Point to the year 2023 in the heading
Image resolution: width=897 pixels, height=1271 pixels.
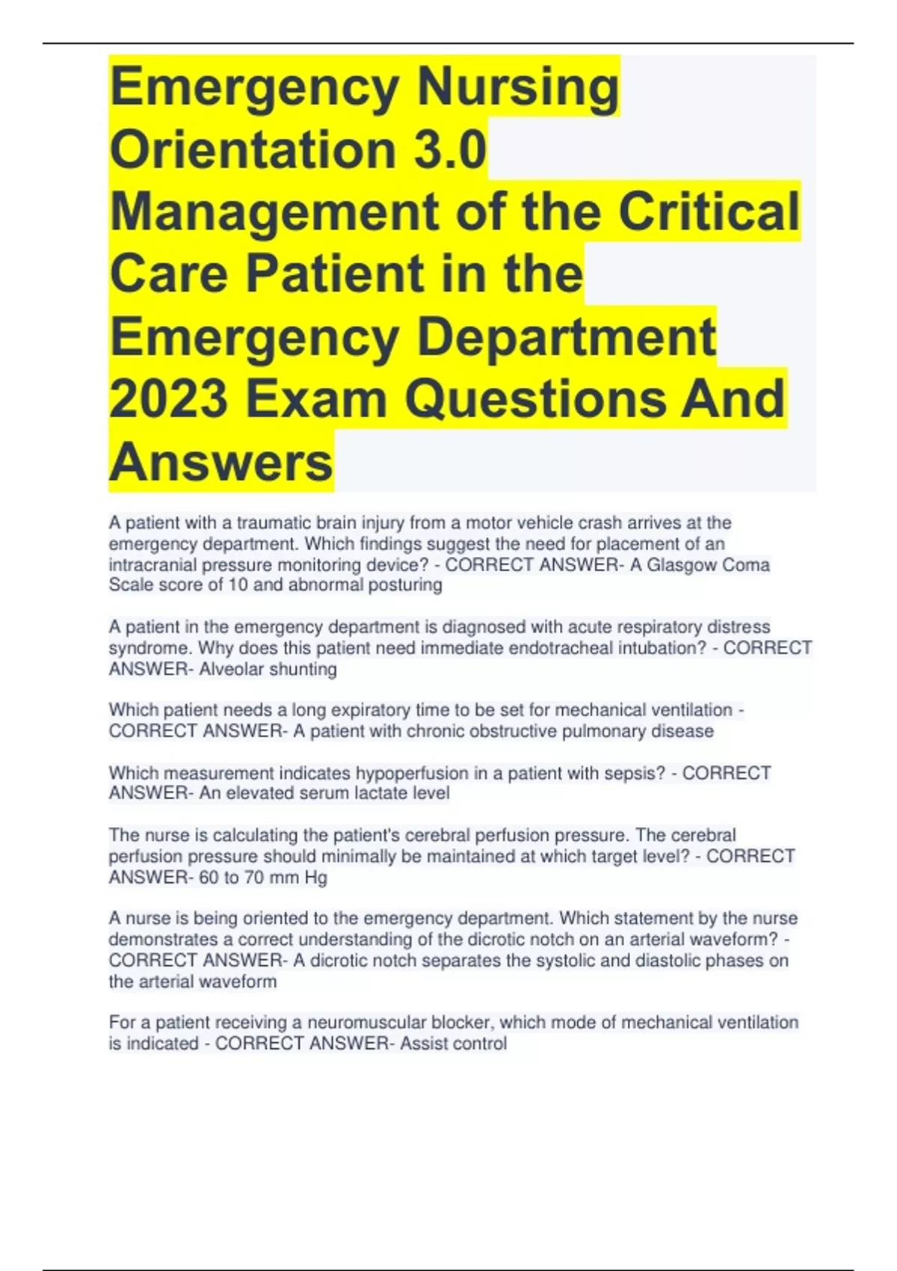(169, 398)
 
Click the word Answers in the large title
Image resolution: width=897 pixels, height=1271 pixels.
(221, 461)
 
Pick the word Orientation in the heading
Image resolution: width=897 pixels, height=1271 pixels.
(253, 150)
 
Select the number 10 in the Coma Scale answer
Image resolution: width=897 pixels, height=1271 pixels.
(238, 585)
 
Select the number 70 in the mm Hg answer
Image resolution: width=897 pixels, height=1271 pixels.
(253, 877)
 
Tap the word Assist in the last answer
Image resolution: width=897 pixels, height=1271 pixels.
(424, 1043)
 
